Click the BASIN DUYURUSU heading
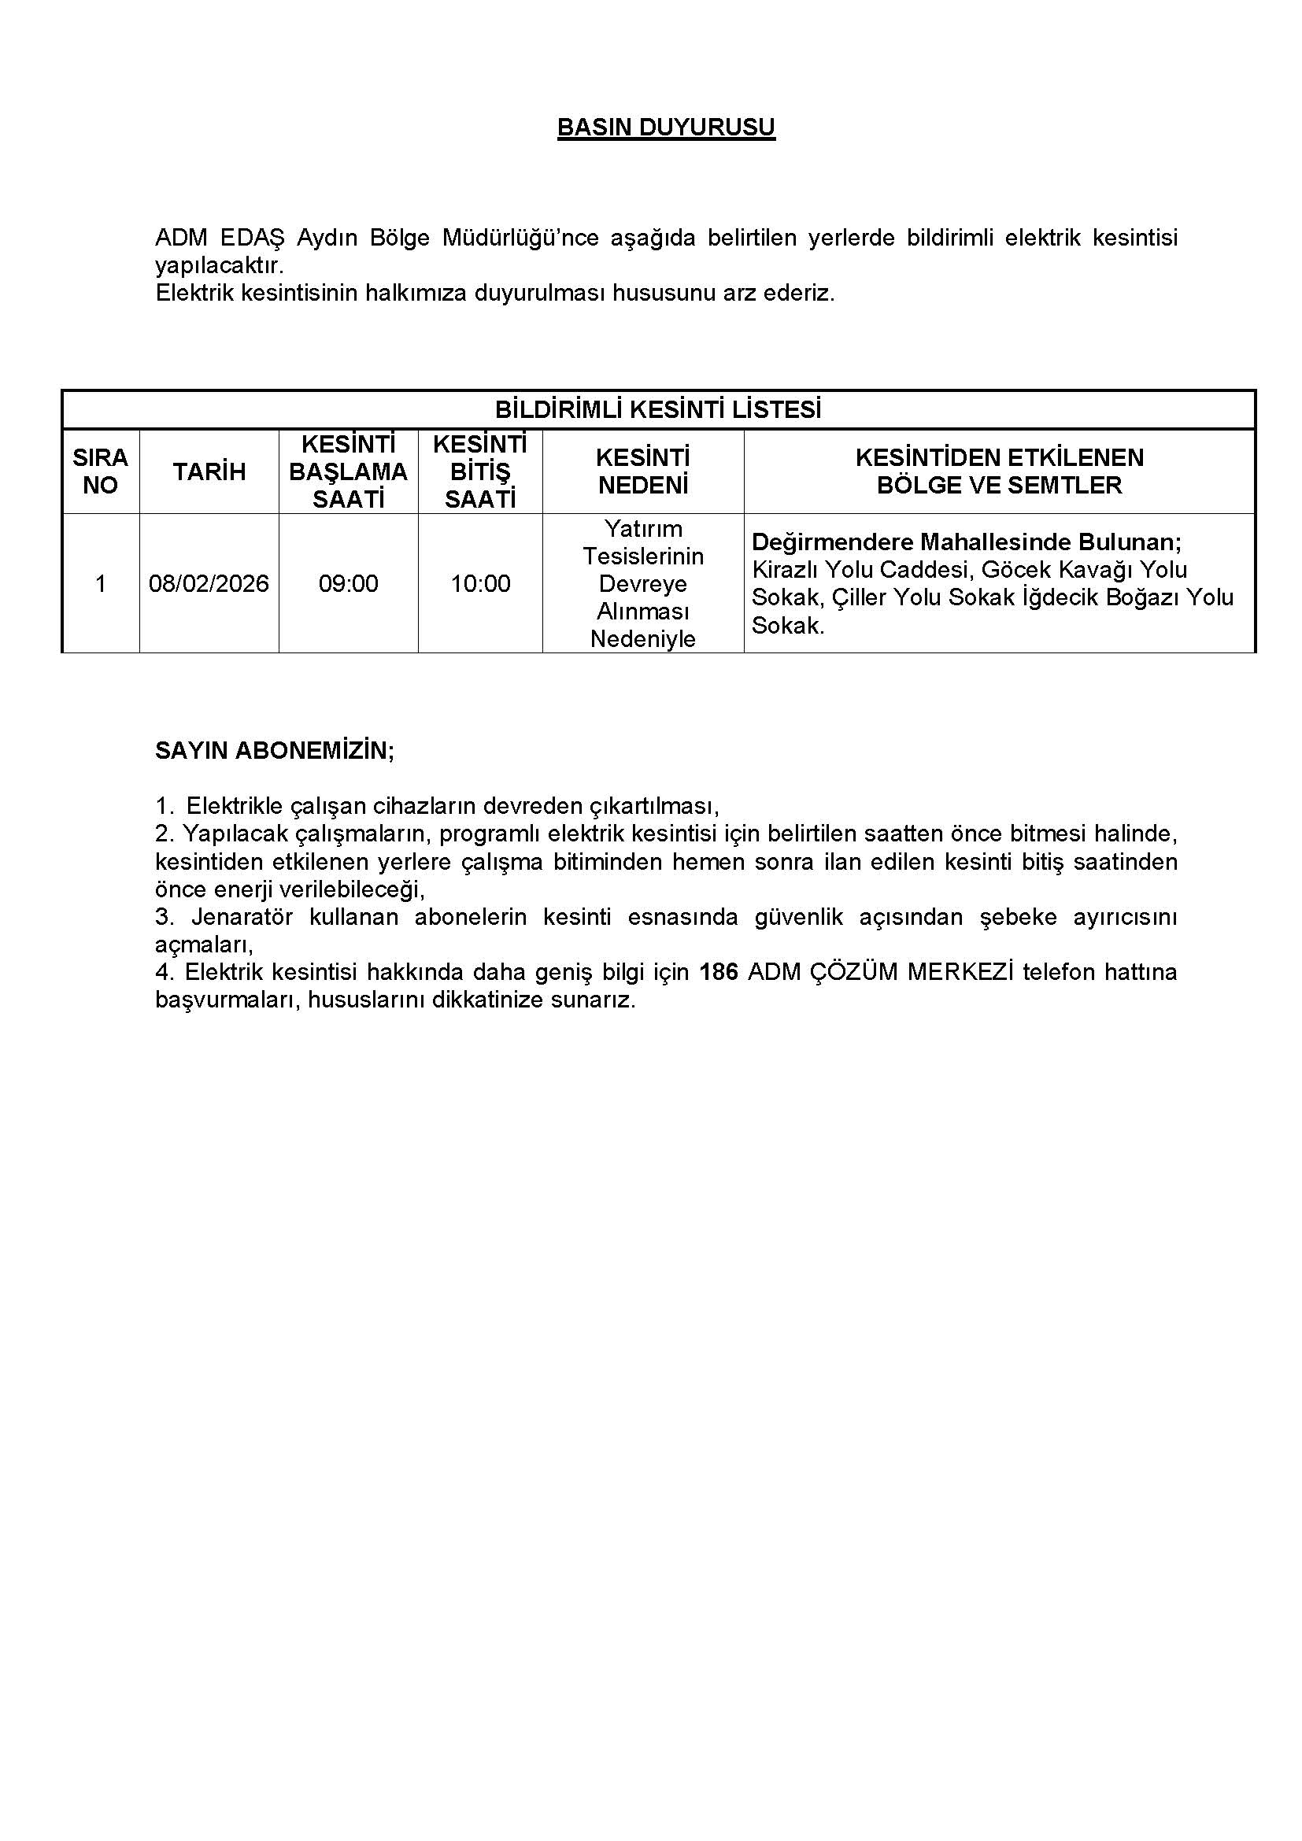coord(665,128)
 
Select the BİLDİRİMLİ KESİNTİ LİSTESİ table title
coord(657,410)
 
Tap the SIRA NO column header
coord(100,471)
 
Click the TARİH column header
coord(209,471)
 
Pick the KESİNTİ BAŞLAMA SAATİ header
coord(348,471)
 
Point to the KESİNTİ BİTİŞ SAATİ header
coord(480,471)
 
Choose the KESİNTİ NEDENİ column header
coord(643,471)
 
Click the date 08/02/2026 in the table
coord(209,583)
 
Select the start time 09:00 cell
coord(348,583)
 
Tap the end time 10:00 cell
coord(480,583)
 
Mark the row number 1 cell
coord(100,583)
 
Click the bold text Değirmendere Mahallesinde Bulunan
coord(966,542)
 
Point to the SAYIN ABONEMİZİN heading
coord(274,751)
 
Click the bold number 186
coord(719,972)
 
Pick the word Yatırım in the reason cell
coord(643,529)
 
